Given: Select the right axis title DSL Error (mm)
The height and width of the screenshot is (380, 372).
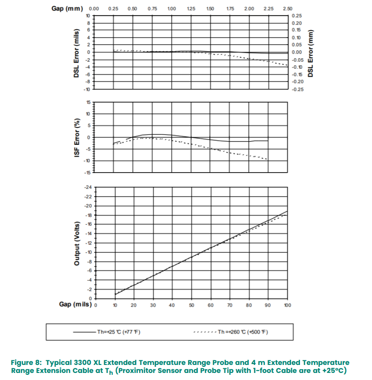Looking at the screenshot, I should [310, 52].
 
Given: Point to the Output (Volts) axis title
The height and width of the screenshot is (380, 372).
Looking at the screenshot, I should [77, 243].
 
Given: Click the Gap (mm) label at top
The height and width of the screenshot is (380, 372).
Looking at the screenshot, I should [67, 9].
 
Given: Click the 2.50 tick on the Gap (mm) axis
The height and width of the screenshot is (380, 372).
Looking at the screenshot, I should [287, 9].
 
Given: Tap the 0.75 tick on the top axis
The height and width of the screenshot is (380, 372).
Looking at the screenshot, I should [152, 9].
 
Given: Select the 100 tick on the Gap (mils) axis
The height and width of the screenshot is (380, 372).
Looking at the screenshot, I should [287, 305].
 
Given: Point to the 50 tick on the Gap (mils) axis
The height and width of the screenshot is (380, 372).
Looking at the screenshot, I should [191, 305].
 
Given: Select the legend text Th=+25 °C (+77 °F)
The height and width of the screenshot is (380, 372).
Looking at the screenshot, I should [119, 332].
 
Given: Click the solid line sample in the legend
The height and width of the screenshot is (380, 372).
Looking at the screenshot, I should [85, 332].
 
